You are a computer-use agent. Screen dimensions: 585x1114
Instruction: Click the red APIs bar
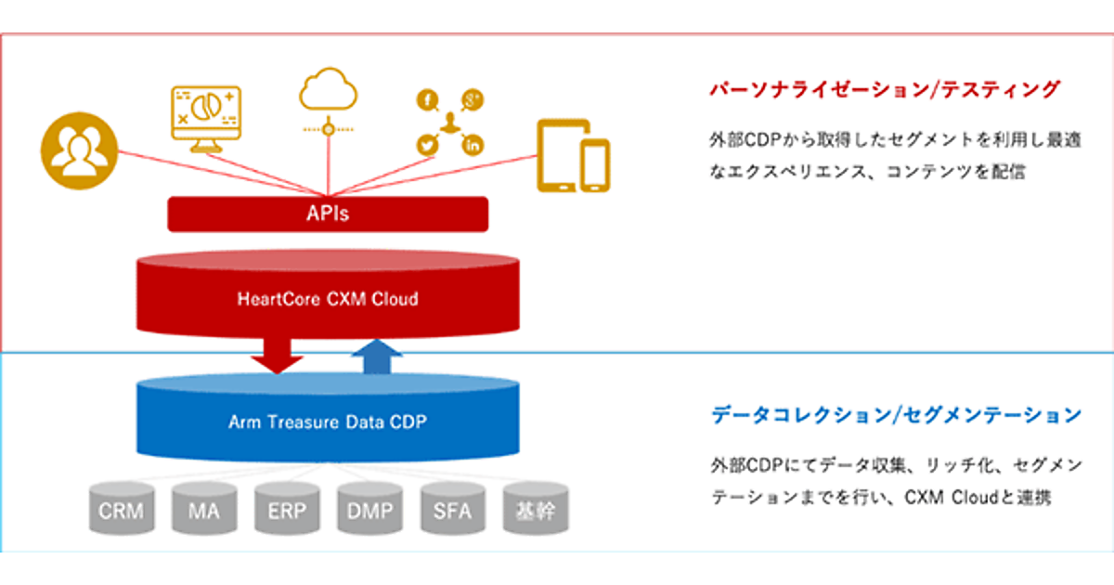coord(327,214)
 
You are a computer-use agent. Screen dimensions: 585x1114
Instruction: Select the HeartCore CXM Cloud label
coord(327,299)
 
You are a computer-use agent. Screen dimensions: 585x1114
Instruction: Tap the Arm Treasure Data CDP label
coord(327,422)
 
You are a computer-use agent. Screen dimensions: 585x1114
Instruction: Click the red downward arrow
coord(277,353)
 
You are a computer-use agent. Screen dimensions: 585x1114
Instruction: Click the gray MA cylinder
coord(202,509)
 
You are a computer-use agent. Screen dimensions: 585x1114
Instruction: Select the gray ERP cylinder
coord(286,509)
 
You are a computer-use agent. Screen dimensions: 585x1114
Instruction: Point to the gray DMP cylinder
coord(369,509)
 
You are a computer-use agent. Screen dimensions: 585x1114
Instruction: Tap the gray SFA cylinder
coord(452,509)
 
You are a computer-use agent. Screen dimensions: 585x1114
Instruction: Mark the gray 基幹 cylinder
coord(535,509)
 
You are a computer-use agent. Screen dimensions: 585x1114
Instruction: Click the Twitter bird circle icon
coord(428,144)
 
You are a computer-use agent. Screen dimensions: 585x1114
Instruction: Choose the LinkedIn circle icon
coord(473,144)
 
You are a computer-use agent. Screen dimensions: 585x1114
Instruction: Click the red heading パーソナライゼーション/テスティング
coord(884,90)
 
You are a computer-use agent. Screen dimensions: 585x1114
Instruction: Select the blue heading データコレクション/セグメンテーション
coord(896,415)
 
